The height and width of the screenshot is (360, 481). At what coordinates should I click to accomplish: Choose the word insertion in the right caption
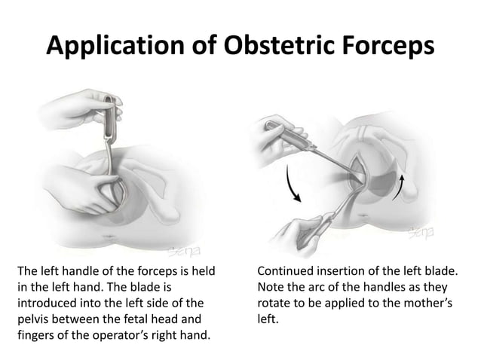(x=345, y=270)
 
